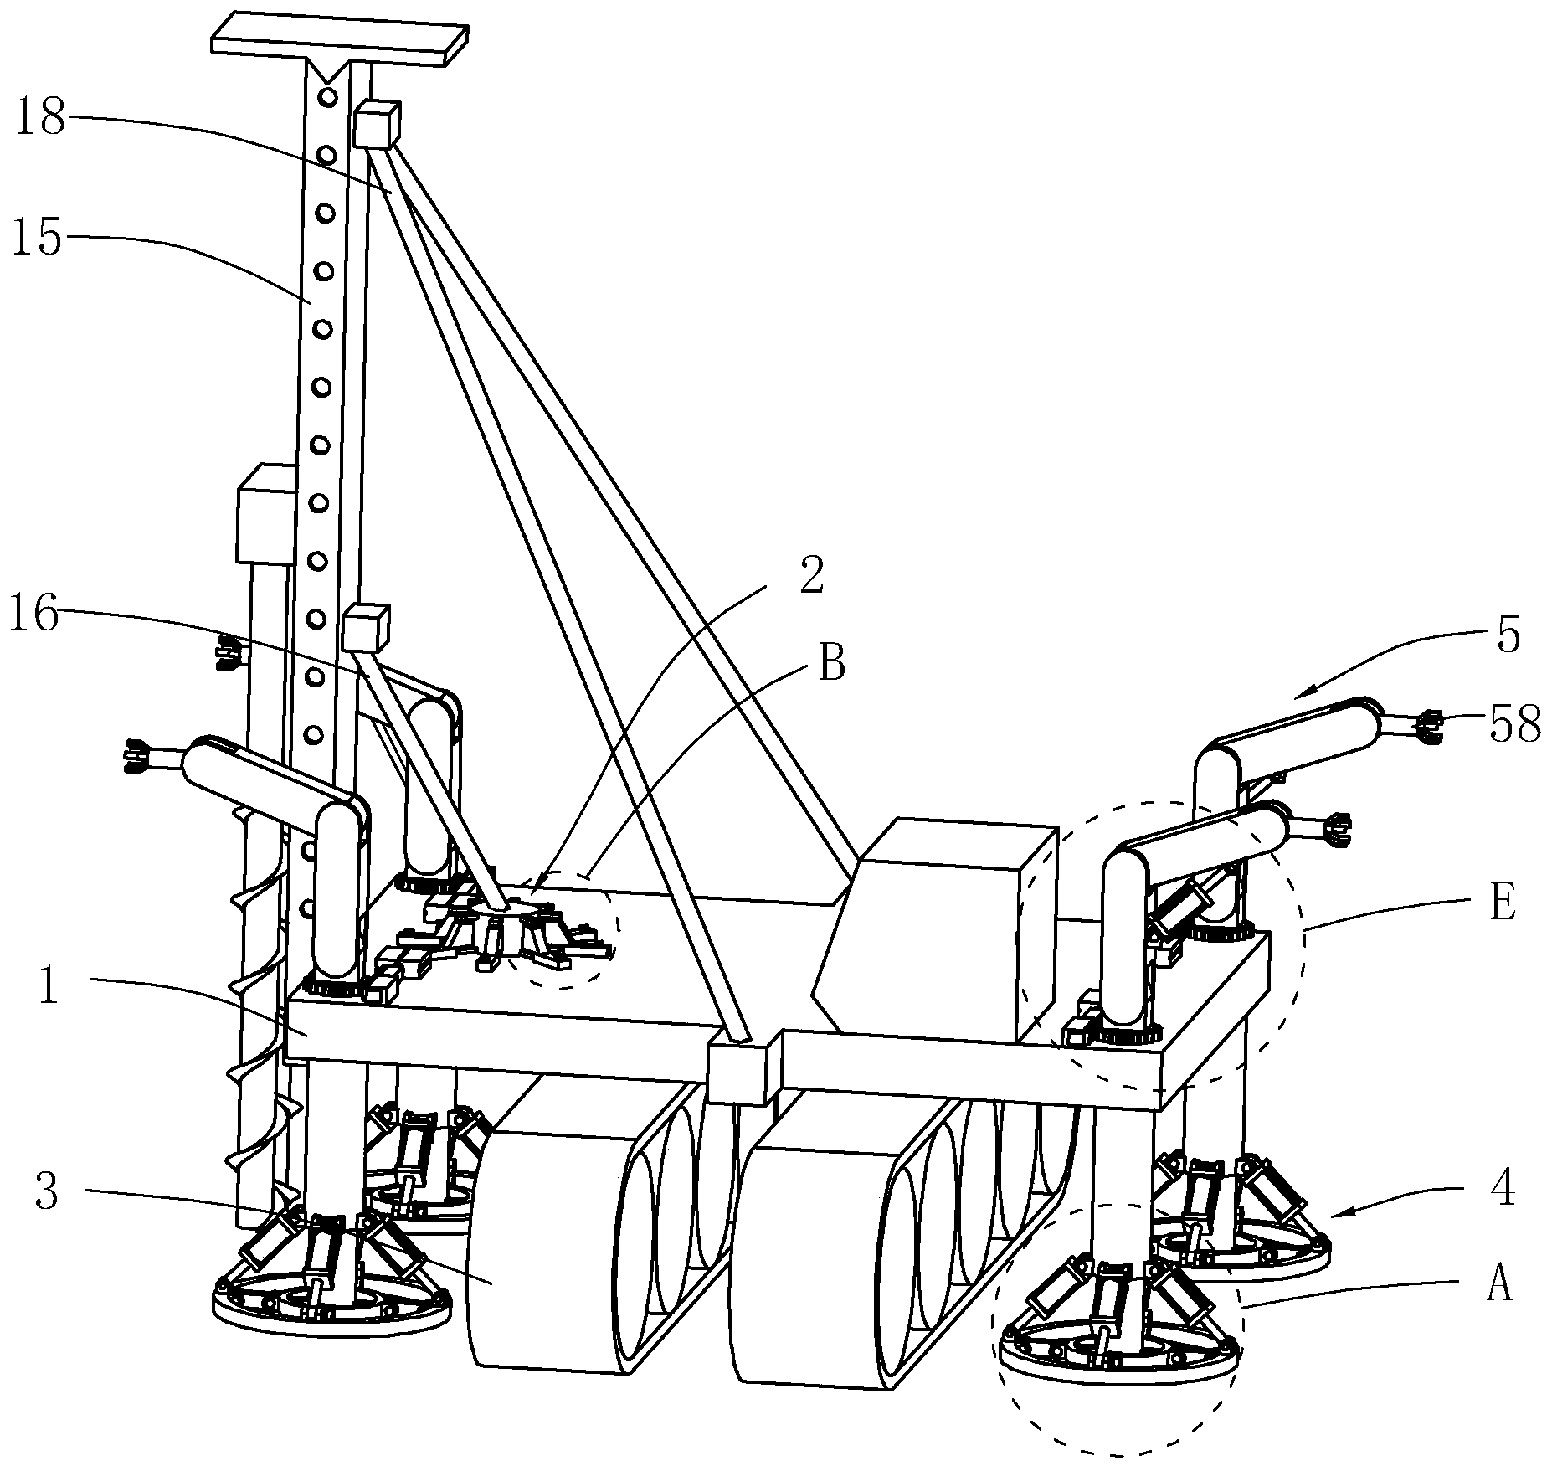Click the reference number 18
tap(40, 118)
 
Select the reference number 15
tap(38, 238)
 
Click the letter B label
tap(831, 666)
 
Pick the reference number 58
tap(1515, 725)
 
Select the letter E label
tap(1503, 905)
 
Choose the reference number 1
tap(49, 987)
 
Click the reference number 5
tap(1508, 636)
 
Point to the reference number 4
tap(1503, 1189)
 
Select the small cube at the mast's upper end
tap(377, 125)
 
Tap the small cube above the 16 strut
tap(367, 629)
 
